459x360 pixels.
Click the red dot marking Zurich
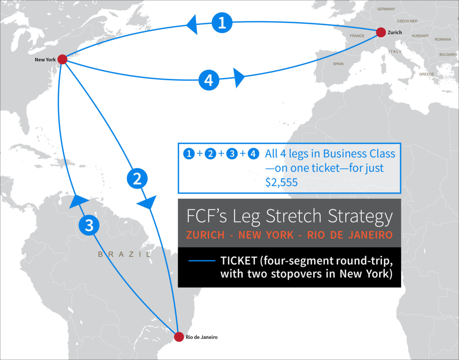(x=381, y=32)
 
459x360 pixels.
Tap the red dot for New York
(x=62, y=59)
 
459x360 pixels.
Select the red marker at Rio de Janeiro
(x=179, y=337)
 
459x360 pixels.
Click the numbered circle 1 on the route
(x=222, y=23)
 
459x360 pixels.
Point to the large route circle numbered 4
(x=209, y=81)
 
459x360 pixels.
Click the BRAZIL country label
(x=124, y=254)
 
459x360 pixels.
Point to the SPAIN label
(x=338, y=64)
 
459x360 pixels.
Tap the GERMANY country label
(x=386, y=8)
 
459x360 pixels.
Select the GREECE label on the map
(x=426, y=74)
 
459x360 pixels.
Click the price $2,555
(x=281, y=182)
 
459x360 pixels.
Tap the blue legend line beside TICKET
(x=202, y=262)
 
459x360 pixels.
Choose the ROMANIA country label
(x=443, y=39)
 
